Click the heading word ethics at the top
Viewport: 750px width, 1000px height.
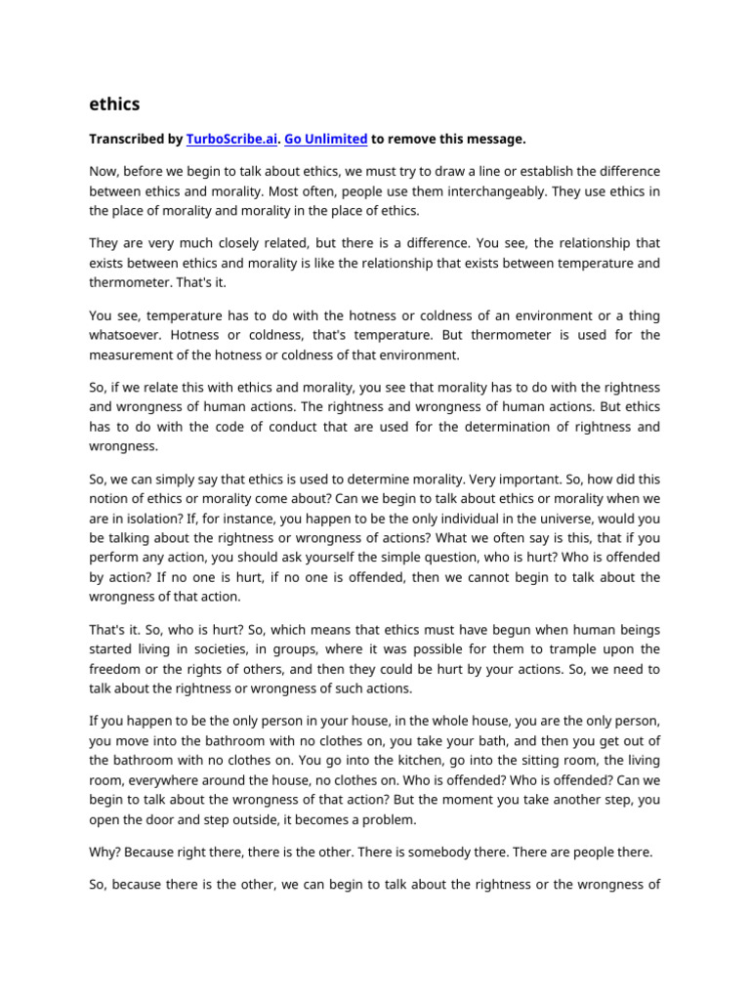tap(114, 104)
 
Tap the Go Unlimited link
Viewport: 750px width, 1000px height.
tap(326, 140)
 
